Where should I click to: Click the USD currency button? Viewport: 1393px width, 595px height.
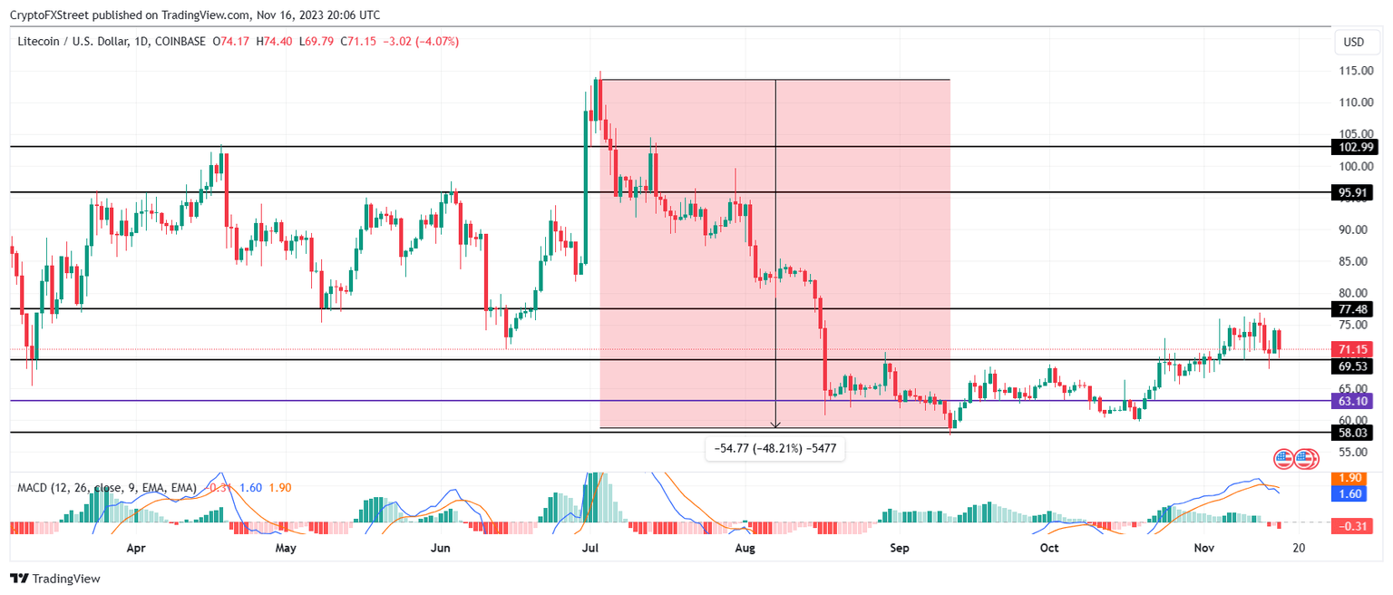(x=1353, y=43)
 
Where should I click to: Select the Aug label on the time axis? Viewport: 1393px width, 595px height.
(x=745, y=548)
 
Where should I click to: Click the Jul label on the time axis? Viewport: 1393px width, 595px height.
(x=590, y=548)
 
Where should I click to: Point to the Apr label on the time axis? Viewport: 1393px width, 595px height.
(x=136, y=548)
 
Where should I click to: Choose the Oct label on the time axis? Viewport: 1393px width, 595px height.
(x=1049, y=548)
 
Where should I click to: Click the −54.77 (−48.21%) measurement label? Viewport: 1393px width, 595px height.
(x=775, y=449)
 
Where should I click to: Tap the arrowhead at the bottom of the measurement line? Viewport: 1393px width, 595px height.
(x=775, y=424)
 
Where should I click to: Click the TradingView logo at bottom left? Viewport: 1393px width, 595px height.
(x=55, y=579)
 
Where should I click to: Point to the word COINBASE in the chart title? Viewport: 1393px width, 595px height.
(x=180, y=42)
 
